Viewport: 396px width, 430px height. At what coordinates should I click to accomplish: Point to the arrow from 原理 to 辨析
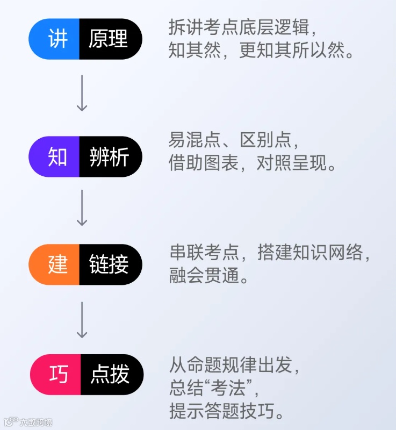(x=82, y=93)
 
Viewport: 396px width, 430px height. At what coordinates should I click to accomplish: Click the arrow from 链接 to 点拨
(x=82, y=320)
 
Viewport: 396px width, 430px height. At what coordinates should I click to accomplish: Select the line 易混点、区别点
(x=233, y=140)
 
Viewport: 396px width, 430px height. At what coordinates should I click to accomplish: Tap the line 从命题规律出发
(x=233, y=365)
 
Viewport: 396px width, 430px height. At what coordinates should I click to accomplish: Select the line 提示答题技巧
(x=226, y=412)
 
